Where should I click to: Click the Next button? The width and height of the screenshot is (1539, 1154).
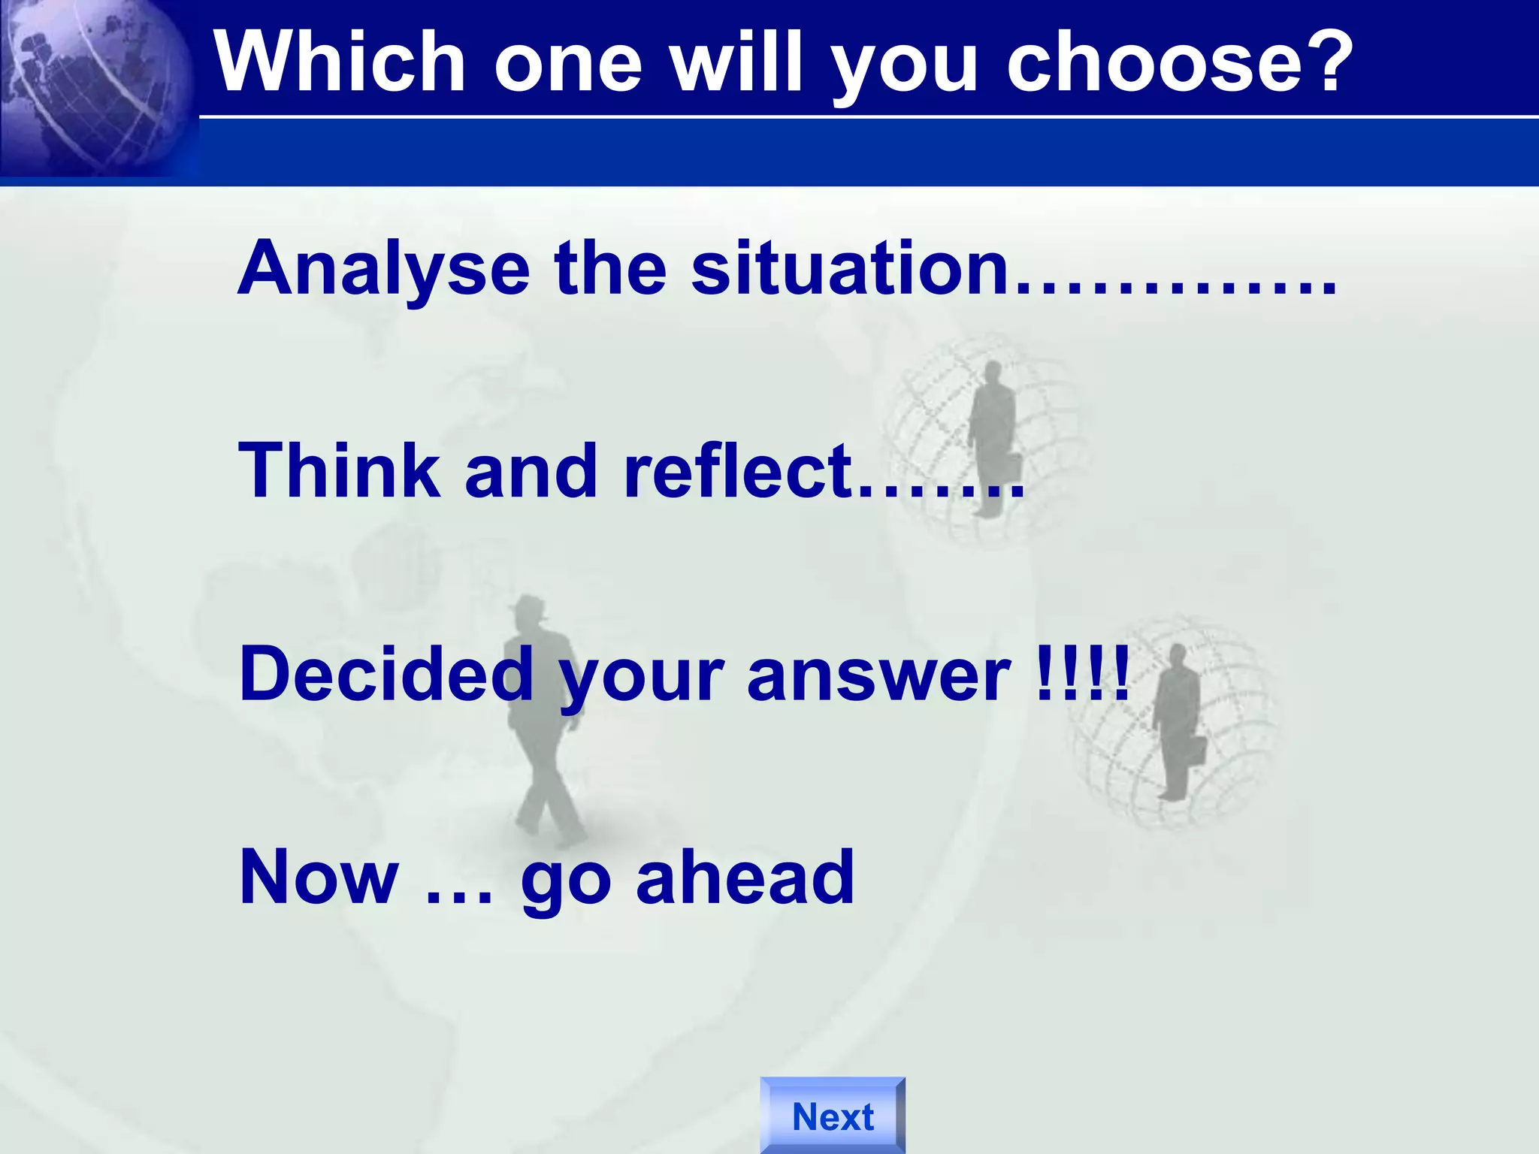coord(833,1116)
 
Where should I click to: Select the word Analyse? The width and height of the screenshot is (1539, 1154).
coord(384,269)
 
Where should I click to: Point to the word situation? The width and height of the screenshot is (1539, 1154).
coord(849,269)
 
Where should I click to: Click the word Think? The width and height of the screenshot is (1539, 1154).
coord(339,471)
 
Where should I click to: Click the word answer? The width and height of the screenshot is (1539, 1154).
coord(879,674)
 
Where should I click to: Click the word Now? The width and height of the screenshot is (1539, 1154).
coord(319,877)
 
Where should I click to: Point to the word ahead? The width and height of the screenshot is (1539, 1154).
coord(745,877)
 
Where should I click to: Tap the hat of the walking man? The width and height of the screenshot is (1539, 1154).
coord(528,606)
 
